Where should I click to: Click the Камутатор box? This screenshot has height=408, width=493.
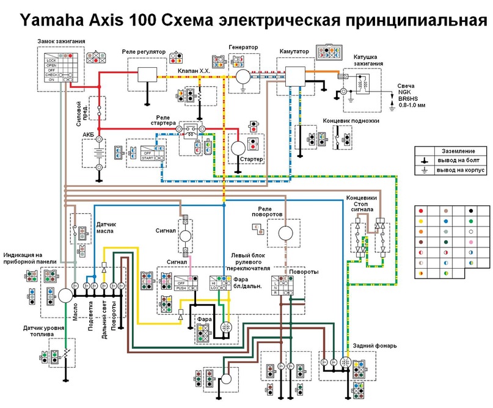click(x=292, y=74)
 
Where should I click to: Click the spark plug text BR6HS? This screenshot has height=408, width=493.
click(x=407, y=98)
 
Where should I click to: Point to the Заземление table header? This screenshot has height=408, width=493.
click(x=451, y=150)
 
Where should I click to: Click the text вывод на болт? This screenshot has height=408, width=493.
click(x=458, y=160)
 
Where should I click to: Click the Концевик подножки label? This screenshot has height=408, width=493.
click(x=351, y=121)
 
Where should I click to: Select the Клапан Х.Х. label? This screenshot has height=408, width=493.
click(x=194, y=70)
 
